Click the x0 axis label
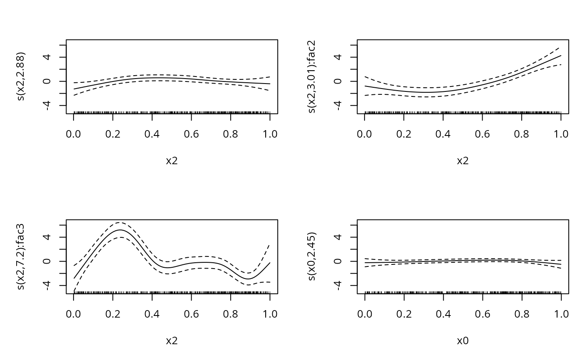pyautogui.click(x=463, y=341)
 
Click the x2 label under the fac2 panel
pyautogui.click(x=463, y=161)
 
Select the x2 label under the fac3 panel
pyautogui.click(x=172, y=341)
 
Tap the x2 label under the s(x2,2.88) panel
pyautogui.click(x=172, y=161)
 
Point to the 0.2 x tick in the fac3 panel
pyautogui.click(x=113, y=314)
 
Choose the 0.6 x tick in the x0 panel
pyautogui.click(x=482, y=314)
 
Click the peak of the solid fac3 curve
pyautogui.click(x=120, y=230)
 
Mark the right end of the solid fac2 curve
pyautogui.click(x=561, y=56)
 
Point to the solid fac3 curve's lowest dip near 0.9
pyautogui.click(x=248, y=279)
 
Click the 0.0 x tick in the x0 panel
pyautogui.click(x=365, y=314)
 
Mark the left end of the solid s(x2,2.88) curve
pyautogui.click(x=74, y=89)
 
